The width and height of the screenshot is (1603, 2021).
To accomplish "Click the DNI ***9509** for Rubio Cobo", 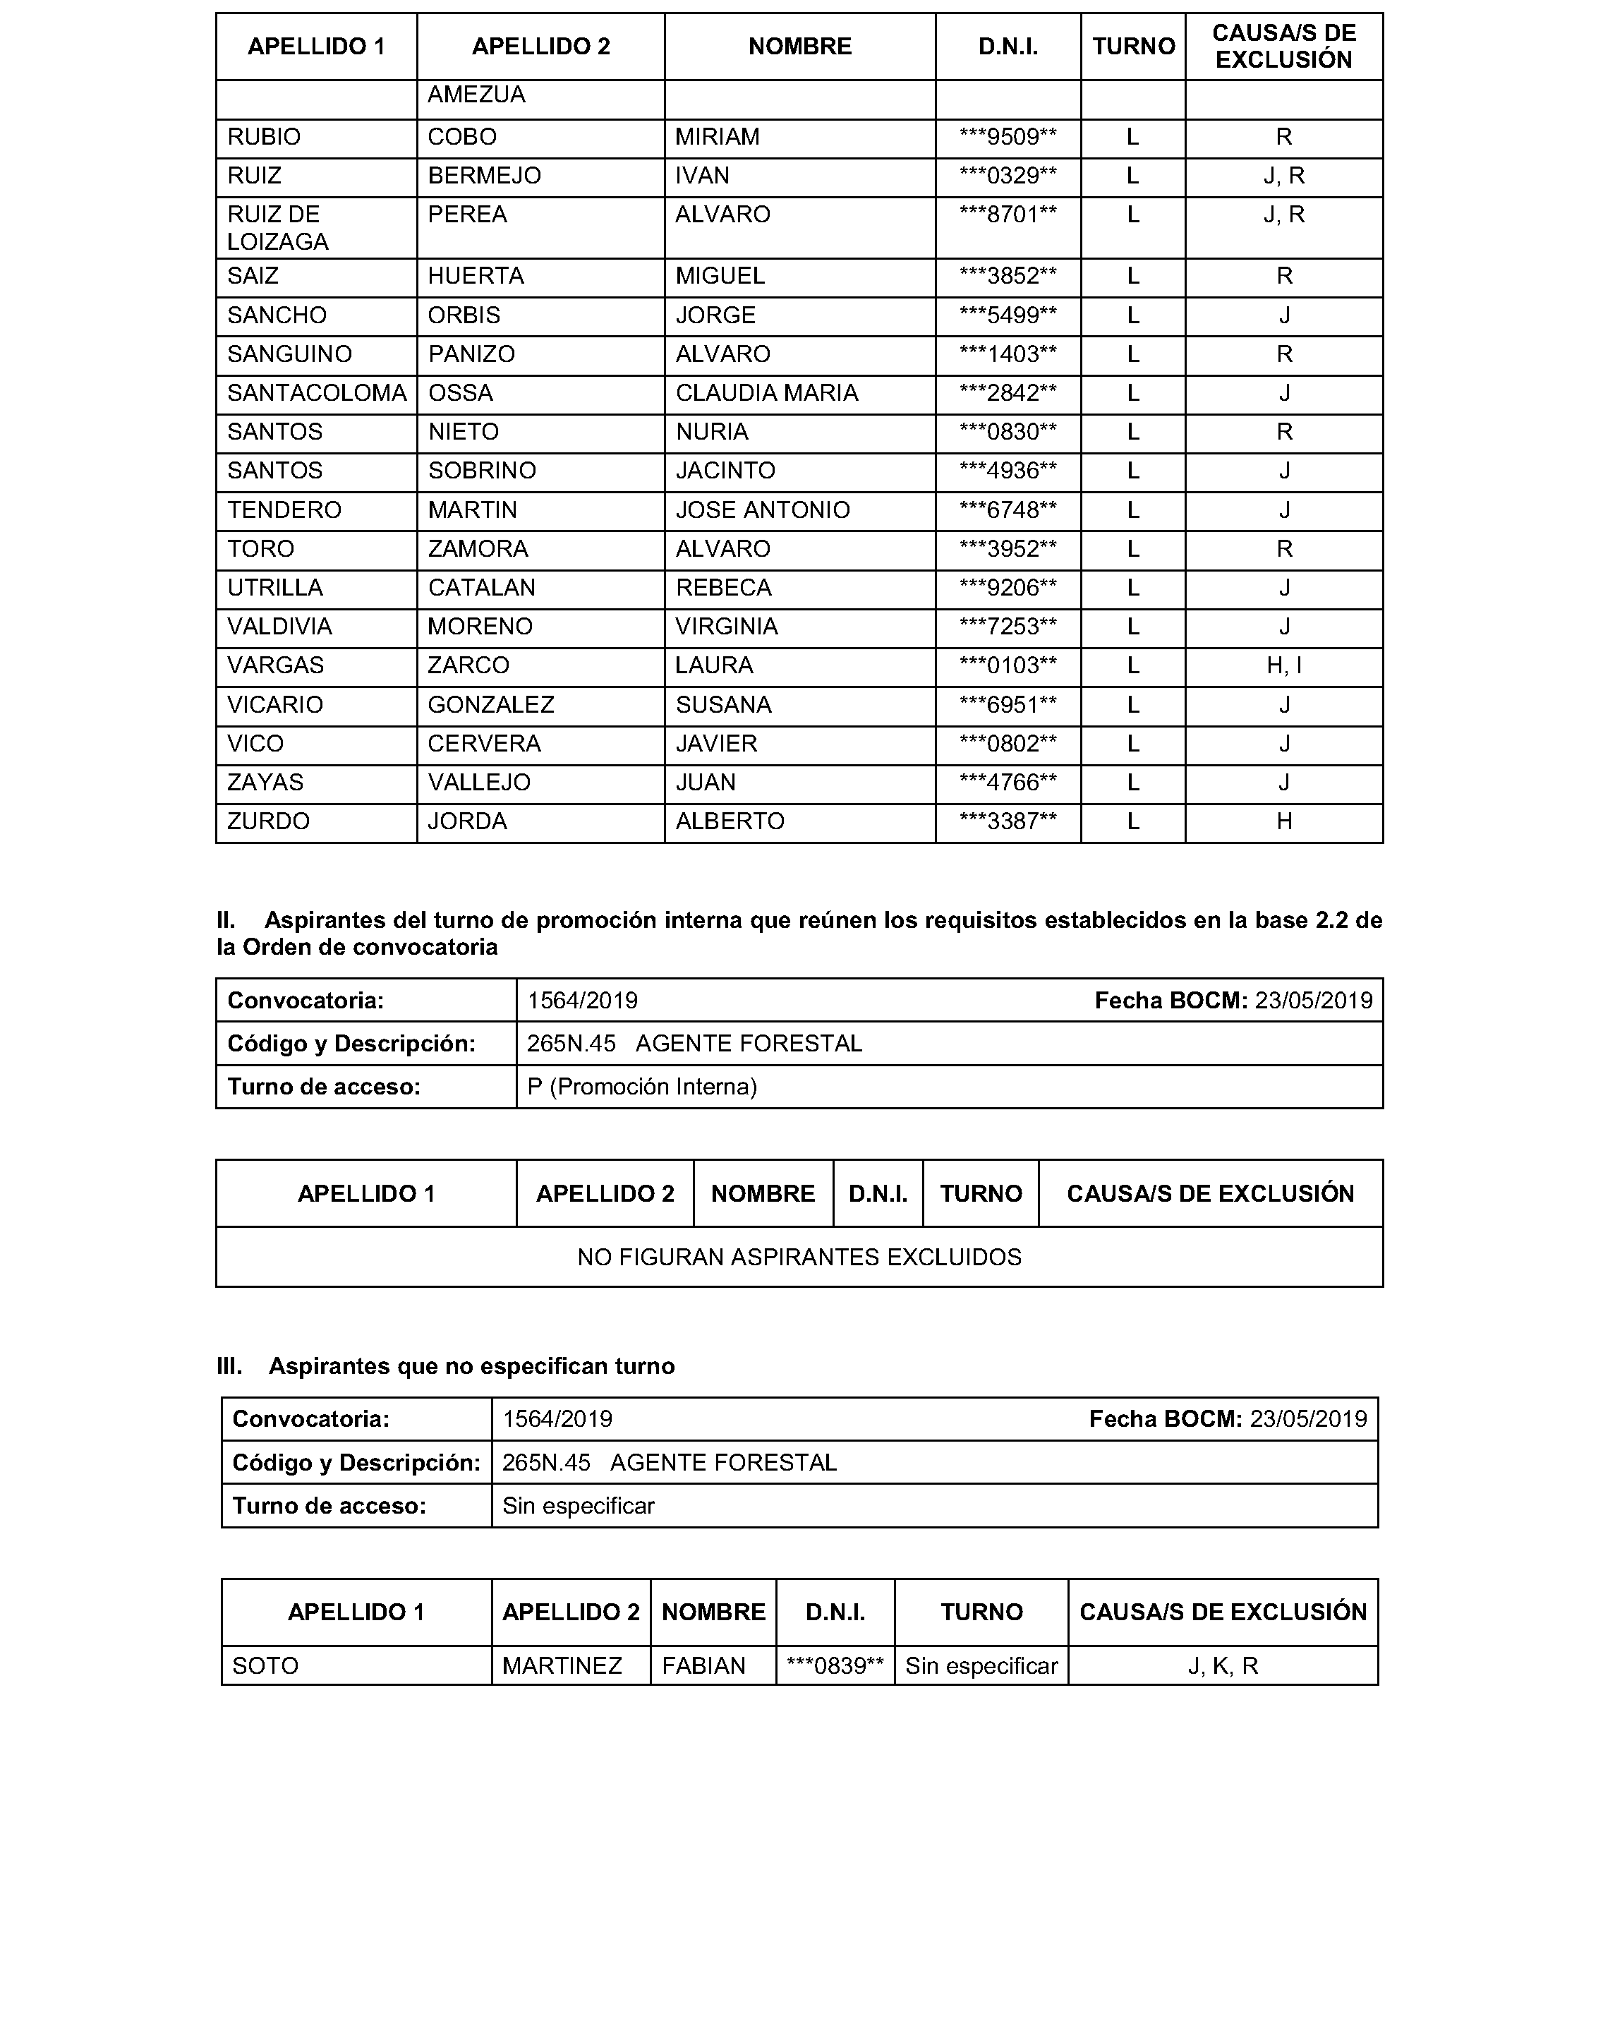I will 1007,137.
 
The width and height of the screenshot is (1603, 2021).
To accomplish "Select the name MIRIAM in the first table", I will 717,137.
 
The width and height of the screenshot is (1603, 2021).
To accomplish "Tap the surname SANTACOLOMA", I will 317,393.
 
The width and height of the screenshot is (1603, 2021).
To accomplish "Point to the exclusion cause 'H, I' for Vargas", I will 1283,665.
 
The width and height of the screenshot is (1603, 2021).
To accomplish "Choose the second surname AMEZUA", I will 476,95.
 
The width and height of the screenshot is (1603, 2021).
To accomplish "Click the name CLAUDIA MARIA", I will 766,393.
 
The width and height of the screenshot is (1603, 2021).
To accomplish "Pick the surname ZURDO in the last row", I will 268,821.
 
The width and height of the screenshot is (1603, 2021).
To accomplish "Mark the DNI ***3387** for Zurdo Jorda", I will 1007,821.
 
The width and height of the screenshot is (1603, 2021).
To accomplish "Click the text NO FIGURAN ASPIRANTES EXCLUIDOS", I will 799,1257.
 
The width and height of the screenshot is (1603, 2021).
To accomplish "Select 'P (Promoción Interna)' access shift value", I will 642,1087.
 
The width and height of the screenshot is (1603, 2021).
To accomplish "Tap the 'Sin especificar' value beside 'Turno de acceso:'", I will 579,1505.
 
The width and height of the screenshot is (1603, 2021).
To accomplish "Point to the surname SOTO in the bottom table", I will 265,1666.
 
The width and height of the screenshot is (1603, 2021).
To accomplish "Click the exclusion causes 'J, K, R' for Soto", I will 1223,1666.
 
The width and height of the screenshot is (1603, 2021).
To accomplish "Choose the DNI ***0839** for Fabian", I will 835,1666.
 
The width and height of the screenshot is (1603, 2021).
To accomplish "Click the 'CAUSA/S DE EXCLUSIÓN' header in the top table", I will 1283,46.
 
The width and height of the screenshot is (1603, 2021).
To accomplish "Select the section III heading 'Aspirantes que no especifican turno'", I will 471,1365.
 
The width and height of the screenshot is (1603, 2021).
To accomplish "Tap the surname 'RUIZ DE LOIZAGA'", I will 277,228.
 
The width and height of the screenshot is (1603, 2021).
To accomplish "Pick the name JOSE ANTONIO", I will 762,510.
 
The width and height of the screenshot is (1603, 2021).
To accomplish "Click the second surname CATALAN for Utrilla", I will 482,588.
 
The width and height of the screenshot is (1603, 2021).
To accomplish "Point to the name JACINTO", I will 725,471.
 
